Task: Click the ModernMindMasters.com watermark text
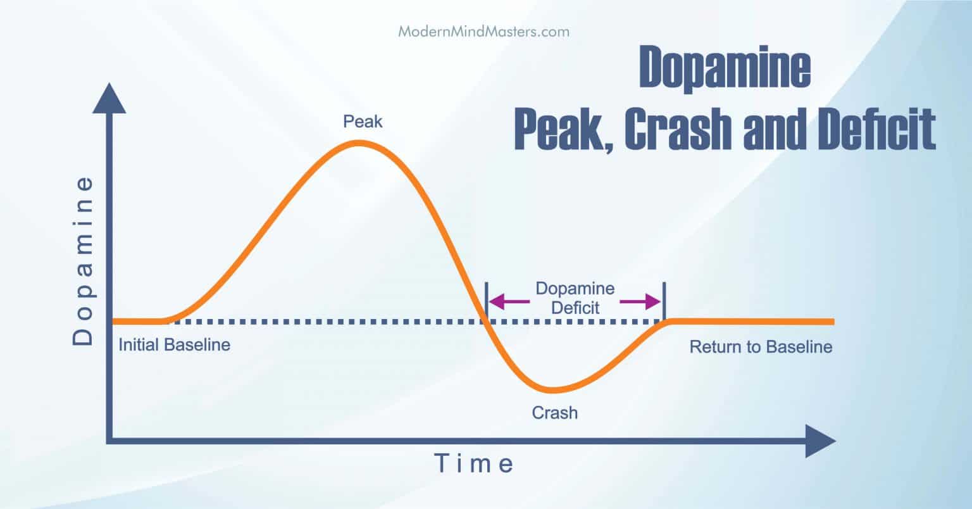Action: pos(483,31)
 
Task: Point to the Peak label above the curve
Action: pos(363,121)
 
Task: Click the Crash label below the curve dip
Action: pos(554,413)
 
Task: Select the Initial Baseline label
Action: pos(175,345)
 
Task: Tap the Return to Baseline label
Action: pos(761,347)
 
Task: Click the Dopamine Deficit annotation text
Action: pos(575,298)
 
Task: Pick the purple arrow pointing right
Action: pos(639,302)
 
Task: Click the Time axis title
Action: pos(474,464)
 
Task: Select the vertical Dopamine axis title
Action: pos(83,260)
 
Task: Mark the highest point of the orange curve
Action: pos(359,143)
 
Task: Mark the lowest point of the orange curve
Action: pos(552,389)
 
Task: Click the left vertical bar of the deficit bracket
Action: pos(486,301)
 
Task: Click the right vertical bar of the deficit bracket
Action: pos(663,301)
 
